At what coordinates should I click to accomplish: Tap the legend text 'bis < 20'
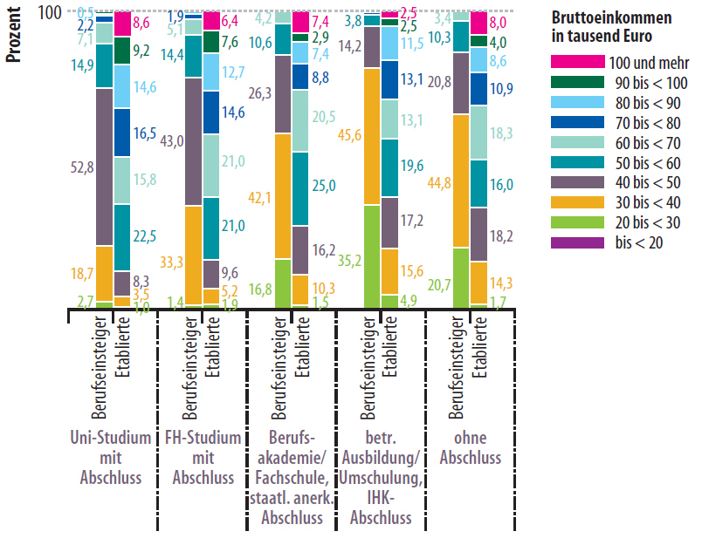pyautogui.click(x=637, y=242)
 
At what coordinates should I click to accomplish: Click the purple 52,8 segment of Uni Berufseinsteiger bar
pyautogui.click(x=104, y=167)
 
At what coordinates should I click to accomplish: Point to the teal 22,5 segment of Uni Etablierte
pyautogui.click(x=122, y=238)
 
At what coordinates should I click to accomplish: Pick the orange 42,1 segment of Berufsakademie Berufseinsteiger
pyautogui.click(x=282, y=196)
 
